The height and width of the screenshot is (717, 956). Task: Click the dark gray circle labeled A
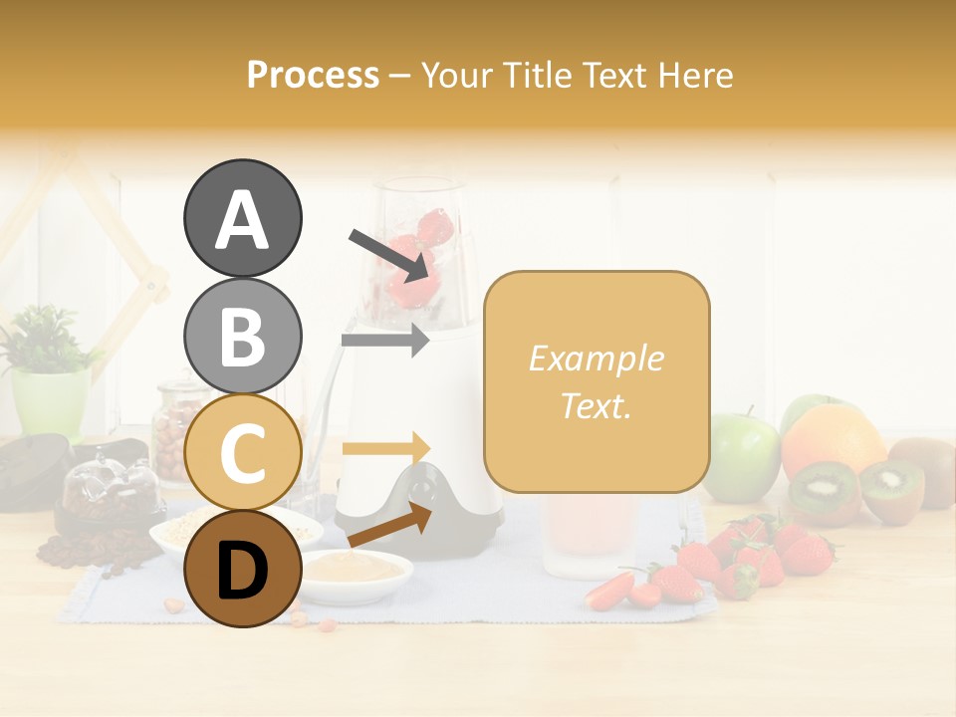(242, 218)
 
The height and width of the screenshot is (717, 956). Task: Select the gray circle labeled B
(242, 336)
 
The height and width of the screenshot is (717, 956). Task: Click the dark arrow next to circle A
(389, 255)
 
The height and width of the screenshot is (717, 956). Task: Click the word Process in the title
(313, 76)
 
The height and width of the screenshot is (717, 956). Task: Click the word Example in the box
(596, 358)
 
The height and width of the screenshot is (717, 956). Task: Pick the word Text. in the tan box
(596, 405)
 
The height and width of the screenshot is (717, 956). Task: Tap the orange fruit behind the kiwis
(833, 438)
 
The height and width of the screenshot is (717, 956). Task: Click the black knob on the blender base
(424, 490)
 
